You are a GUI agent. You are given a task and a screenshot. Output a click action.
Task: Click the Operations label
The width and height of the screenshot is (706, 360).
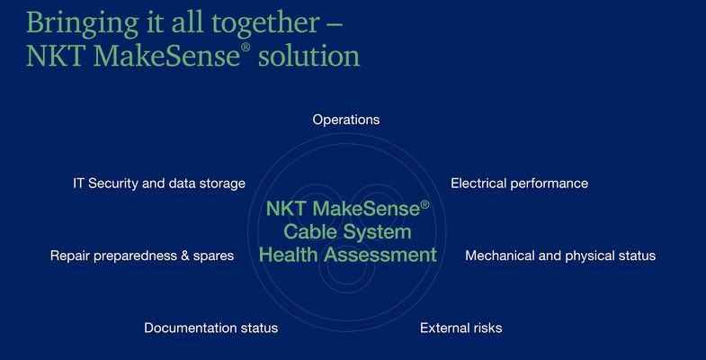click(x=346, y=120)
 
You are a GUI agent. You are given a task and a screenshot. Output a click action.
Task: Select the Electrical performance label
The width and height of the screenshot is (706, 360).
click(x=519, y=184)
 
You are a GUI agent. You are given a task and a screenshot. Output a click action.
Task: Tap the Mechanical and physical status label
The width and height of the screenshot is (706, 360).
click(x=560, y=256)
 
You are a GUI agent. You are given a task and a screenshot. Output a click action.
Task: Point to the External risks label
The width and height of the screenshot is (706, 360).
click(x=460, y=328)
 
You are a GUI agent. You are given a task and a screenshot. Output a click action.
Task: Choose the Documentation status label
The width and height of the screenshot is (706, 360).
click(x=210, y=328)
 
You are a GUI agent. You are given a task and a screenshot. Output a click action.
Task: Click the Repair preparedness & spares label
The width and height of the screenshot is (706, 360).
click(x=142, y=256)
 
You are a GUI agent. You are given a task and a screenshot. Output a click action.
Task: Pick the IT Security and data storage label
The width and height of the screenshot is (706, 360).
click(x=159, y=184)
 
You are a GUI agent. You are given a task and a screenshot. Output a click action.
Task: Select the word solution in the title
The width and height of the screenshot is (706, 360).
click(x=308, y=56)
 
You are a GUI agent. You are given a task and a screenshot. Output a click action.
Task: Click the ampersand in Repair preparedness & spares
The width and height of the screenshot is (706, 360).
click(x=185, y=256)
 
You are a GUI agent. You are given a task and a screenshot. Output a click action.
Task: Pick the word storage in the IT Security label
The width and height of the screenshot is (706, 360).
click(x=220, y=184)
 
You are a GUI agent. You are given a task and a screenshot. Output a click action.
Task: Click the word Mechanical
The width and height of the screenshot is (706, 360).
click(x=500, y=256)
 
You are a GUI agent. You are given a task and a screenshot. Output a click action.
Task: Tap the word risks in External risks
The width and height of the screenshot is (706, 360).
click(x=485, y=328)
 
